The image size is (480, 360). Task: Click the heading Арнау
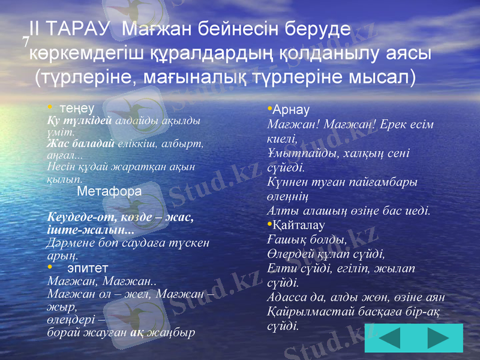[290, 111]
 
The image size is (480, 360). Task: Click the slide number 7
[26, 41]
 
